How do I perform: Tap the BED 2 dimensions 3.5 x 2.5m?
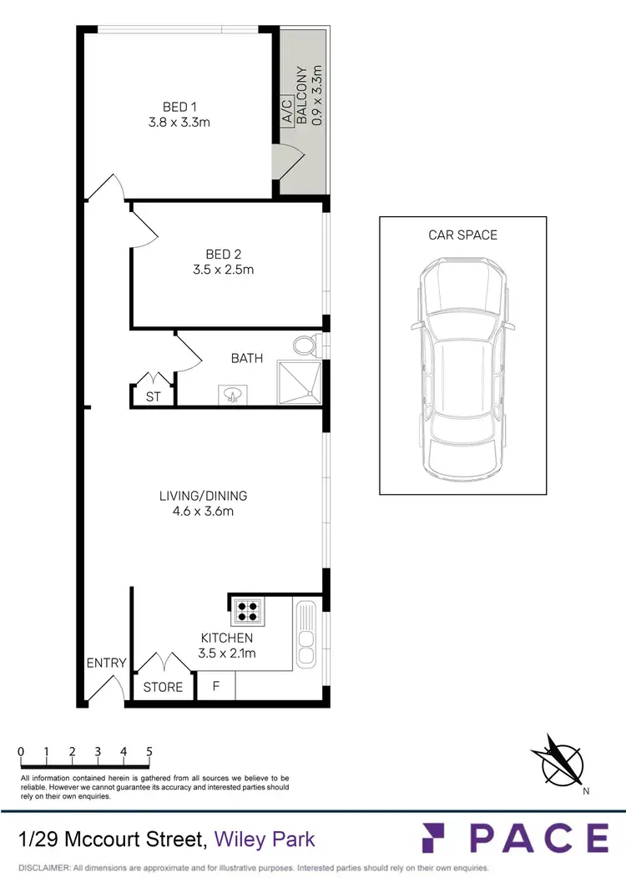[x=218, y=270]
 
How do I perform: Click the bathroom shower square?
[x=300, y=381]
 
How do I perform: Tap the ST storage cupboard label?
[x=153, y=397]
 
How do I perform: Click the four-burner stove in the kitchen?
[x=247, y=611]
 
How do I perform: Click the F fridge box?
[x=216, y=687]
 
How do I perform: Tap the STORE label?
[x=163, y=687]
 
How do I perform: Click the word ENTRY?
[x=107, y=664]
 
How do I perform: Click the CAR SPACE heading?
[x=462, y=235]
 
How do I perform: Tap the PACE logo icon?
[x=438, y=837]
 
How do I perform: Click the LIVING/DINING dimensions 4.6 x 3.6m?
[x=203, y=512]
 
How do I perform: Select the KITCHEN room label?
[x=225, y=638]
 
